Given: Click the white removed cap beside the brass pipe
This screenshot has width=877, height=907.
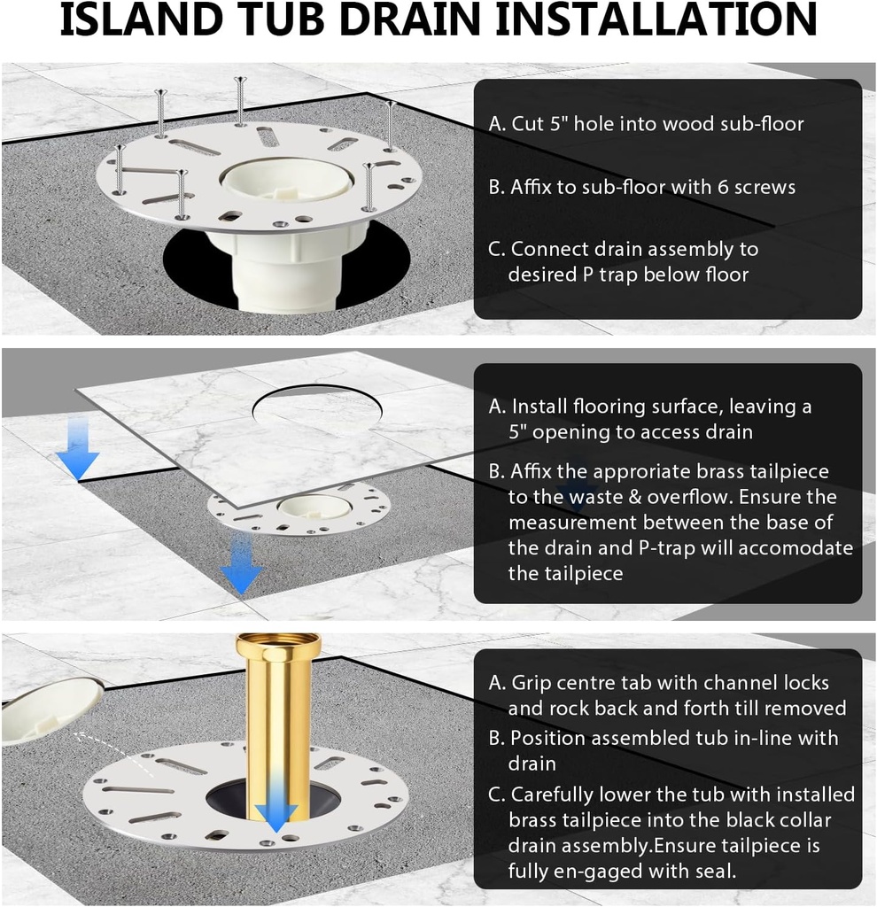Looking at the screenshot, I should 49,709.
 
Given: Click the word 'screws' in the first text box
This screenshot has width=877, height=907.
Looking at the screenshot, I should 764,187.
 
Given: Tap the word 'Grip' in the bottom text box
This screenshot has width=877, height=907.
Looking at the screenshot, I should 530,683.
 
